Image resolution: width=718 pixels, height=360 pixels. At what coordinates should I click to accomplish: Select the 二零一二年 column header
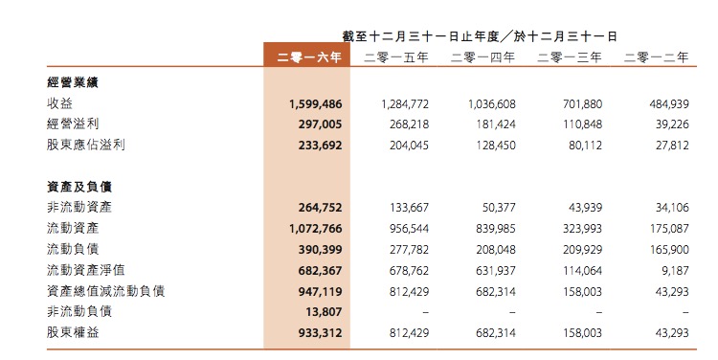(x=656, y=57)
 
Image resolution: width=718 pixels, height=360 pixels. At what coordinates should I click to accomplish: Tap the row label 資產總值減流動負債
(x=105, y=290)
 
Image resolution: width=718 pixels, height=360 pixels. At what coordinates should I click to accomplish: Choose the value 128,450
(x=495, y=145)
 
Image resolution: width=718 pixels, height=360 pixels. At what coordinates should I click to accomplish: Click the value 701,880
(x=582, y=102)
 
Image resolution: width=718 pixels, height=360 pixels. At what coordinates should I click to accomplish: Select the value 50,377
(x=499, y=207)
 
